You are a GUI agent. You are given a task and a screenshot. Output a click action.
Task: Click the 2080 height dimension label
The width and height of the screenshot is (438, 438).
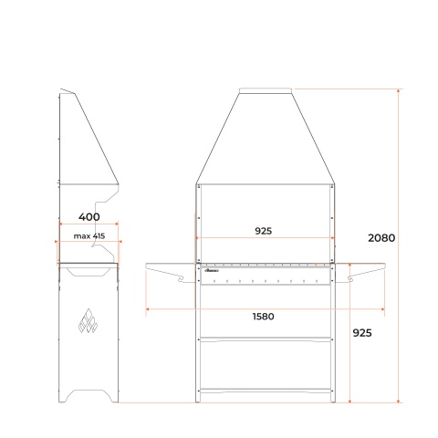pos(381,238)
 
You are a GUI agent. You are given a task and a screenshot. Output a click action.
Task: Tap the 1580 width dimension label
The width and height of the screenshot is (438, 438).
pos(263,317)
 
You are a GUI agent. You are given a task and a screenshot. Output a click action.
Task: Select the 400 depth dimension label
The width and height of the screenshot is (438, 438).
pos(89,217)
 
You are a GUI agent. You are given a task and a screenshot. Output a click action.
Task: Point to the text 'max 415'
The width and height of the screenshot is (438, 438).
pos(89,236)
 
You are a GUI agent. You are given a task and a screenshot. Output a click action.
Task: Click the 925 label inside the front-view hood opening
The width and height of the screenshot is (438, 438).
pos(263,231)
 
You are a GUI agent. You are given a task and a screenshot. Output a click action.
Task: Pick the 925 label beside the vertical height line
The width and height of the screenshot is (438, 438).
pos(362,333)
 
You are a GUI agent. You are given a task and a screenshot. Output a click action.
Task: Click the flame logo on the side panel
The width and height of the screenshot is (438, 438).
pos(88,320)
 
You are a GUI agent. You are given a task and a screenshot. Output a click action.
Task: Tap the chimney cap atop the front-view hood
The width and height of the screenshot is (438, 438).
pos(266,90)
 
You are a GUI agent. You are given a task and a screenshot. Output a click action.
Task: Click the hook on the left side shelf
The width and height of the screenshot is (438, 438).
pos(181,279)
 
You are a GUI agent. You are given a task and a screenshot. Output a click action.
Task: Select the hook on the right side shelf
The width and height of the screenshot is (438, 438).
pos(350,279)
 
